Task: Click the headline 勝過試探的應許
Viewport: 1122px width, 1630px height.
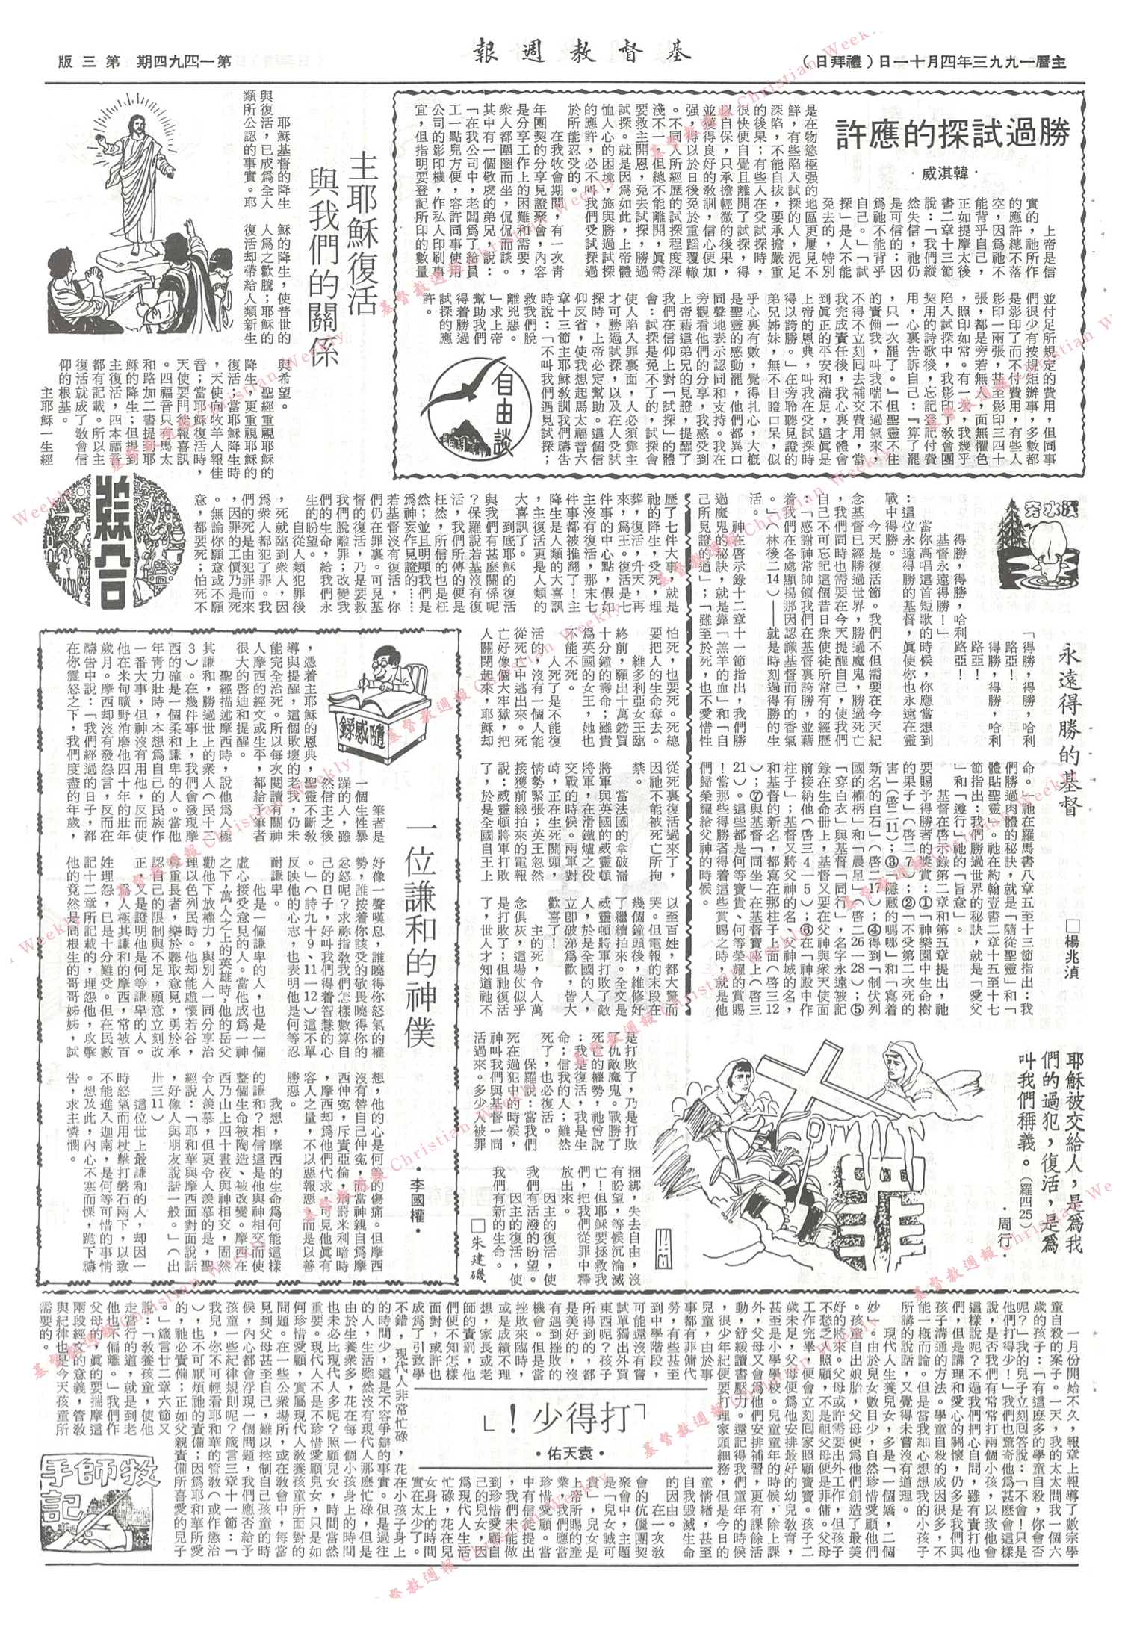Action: coord(952,135)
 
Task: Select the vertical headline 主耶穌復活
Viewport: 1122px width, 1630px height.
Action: coord(364,232)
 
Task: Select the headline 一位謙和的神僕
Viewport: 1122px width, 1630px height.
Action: coord(419,934)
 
